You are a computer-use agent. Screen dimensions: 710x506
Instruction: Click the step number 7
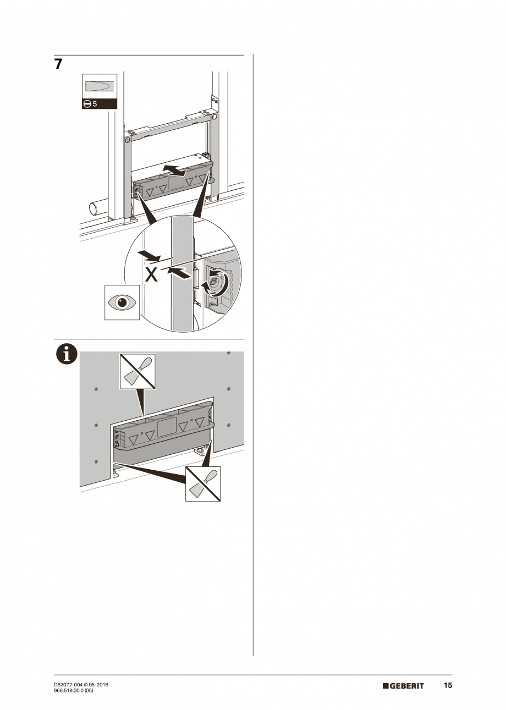(58, 64)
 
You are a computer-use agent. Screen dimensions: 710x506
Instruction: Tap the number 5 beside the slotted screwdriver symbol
(95, 103)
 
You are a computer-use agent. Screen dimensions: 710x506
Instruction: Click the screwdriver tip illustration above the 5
(100, 86)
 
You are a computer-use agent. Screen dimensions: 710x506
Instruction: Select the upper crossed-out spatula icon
(137, 371)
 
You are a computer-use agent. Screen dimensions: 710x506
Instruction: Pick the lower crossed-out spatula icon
(203, 483)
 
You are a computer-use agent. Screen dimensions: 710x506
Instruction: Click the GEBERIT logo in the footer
(403, 686)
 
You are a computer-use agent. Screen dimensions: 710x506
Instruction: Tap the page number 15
(448, 685)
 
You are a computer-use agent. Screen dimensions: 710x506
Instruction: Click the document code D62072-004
(68, 684)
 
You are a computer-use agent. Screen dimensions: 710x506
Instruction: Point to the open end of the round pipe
(93, 209)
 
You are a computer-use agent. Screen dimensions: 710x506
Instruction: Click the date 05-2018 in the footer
(98, 684)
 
